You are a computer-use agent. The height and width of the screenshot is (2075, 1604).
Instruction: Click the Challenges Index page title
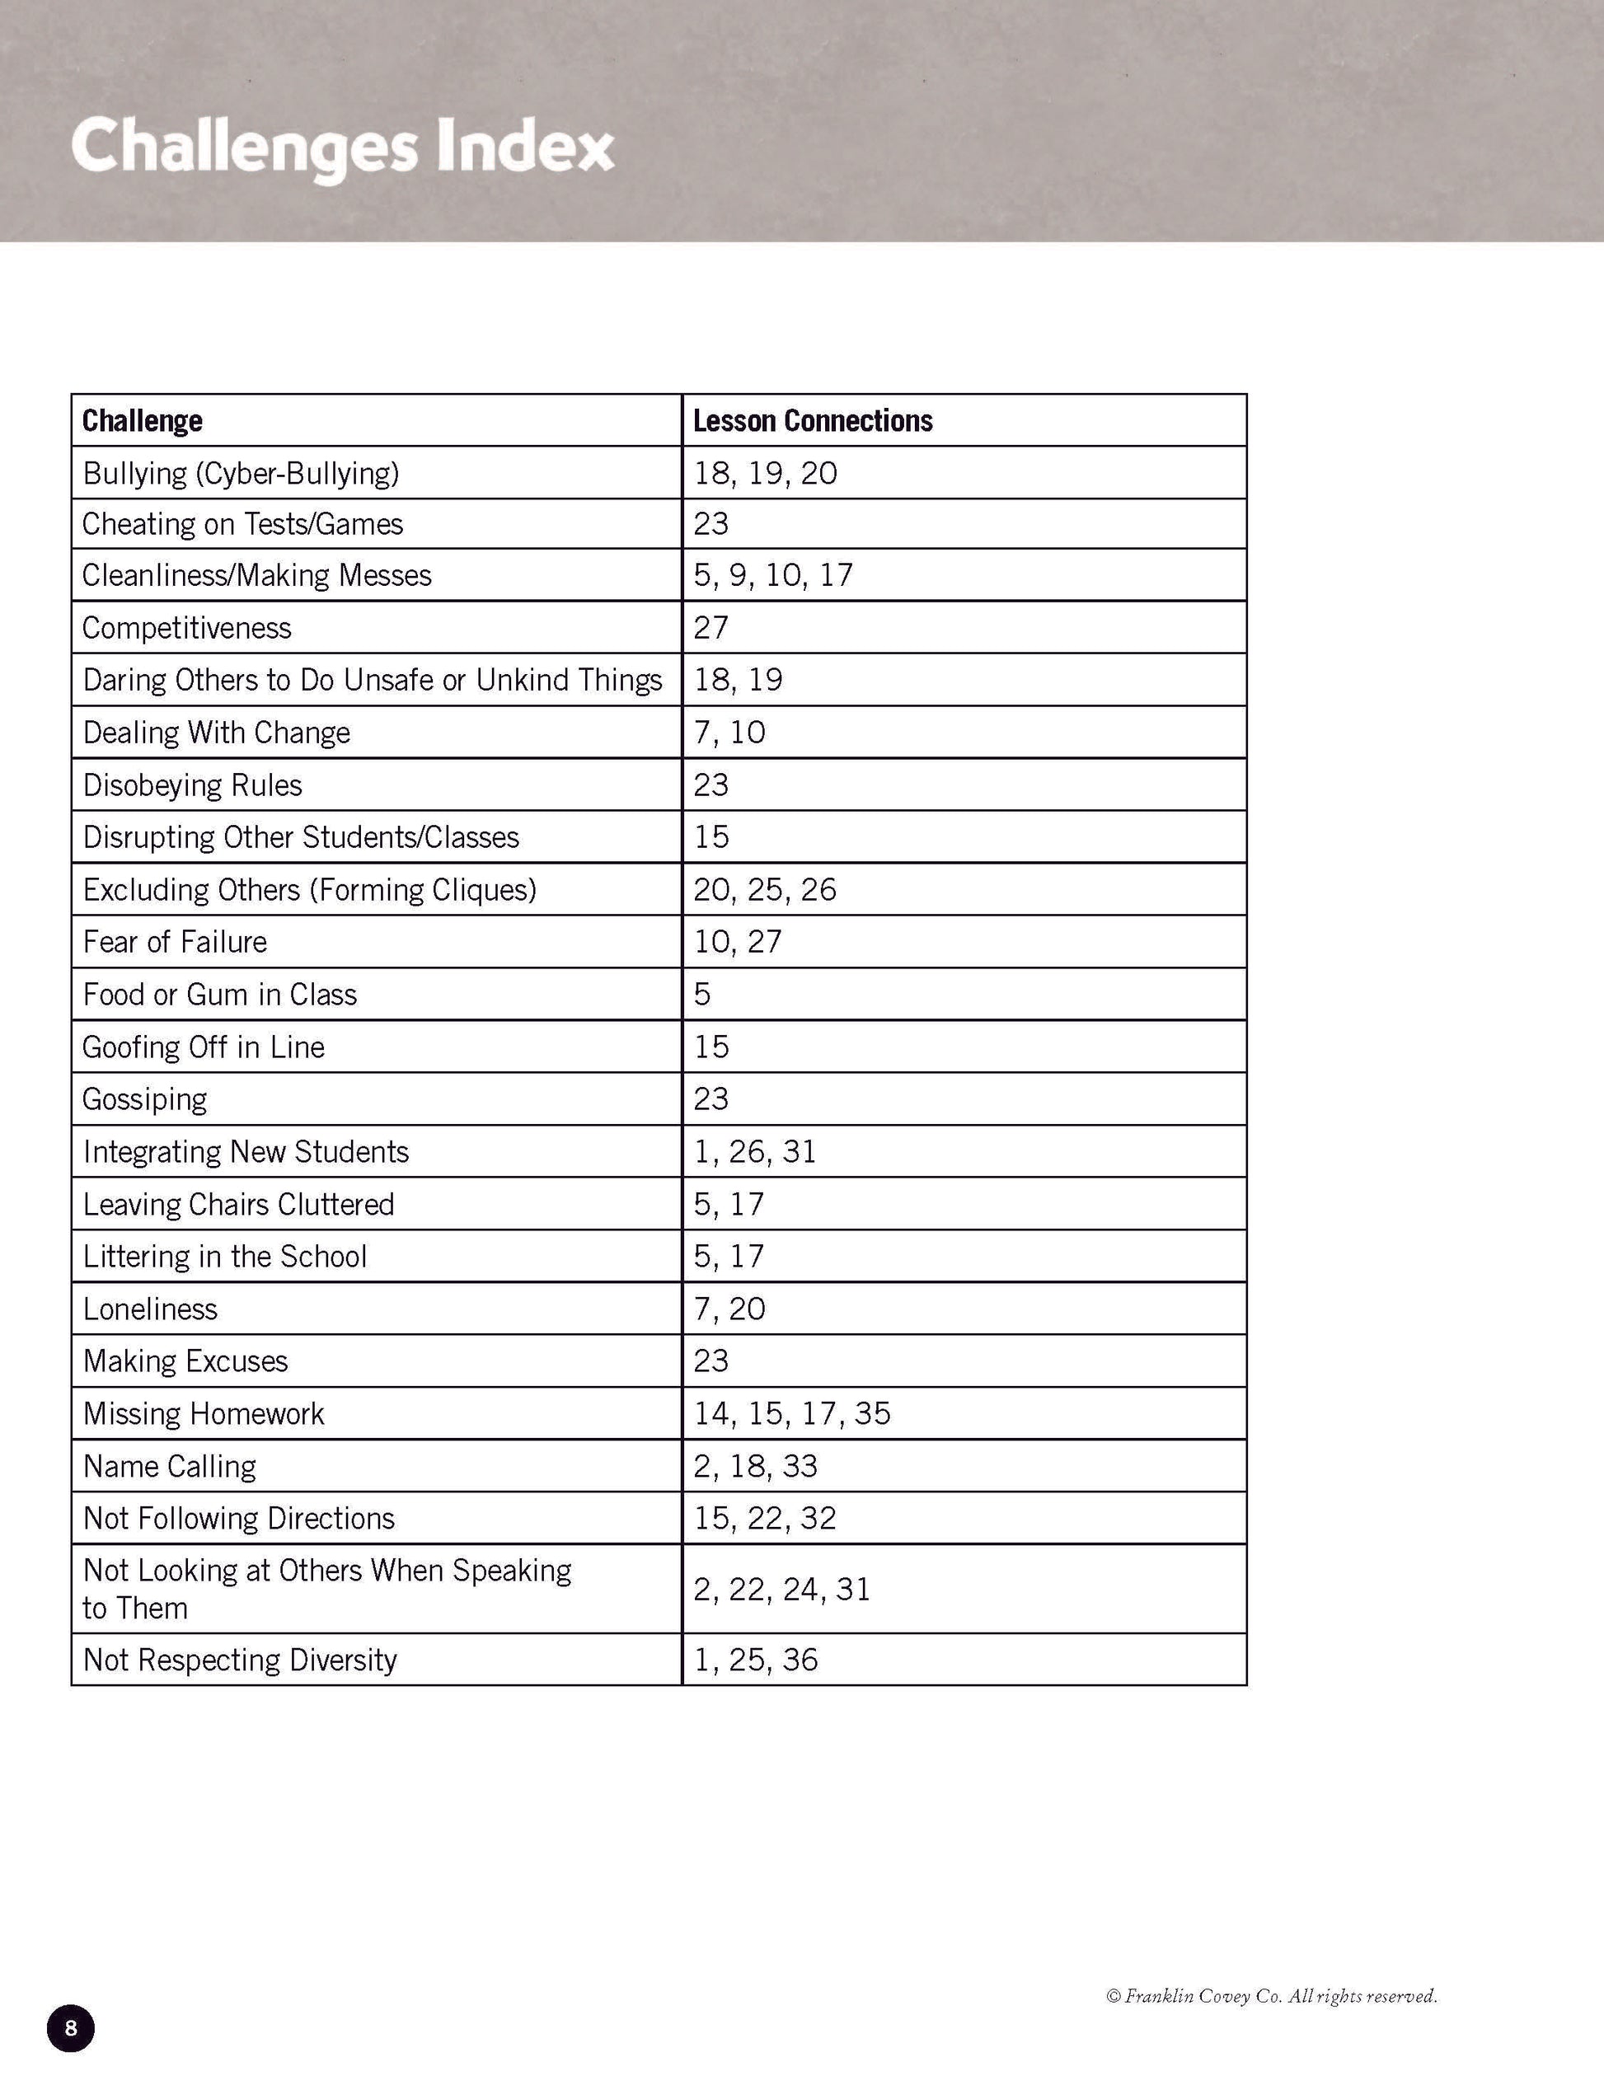342,148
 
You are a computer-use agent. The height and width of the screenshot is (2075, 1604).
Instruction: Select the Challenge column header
143,421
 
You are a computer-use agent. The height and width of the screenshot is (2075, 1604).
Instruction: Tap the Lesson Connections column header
813,421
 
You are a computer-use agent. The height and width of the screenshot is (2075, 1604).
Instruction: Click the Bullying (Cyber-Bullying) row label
241,473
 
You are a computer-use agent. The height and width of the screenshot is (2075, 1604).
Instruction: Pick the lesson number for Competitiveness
711,628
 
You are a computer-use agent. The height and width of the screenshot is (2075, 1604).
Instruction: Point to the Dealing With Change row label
217,733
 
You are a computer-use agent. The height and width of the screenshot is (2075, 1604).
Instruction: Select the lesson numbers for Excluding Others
765,889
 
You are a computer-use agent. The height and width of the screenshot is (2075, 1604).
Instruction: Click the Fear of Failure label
175,942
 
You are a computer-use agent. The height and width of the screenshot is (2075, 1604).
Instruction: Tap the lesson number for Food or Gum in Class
702,995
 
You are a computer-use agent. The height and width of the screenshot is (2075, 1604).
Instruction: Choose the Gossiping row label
144,1099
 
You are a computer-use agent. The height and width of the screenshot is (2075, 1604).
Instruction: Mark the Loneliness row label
150,1309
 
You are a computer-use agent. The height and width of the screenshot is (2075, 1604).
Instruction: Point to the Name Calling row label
169,1466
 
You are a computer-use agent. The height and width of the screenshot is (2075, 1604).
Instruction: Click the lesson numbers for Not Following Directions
765,1518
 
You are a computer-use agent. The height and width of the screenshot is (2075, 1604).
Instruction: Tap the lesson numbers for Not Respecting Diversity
756,1660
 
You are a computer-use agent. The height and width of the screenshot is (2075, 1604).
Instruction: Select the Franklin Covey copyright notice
1272,1996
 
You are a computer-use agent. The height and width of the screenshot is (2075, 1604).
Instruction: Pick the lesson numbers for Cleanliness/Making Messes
773,576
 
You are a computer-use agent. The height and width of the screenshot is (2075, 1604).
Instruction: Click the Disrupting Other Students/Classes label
301,837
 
